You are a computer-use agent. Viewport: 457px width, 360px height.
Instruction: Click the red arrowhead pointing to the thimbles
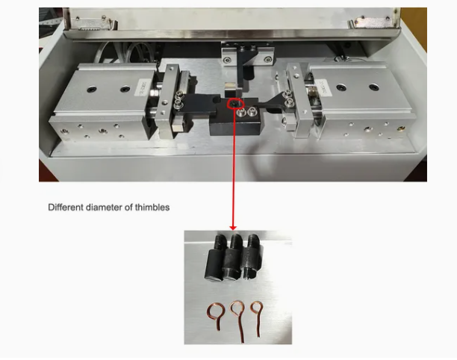(x=233, y=228)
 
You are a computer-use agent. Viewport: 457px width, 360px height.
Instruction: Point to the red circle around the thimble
(x=228, y=105)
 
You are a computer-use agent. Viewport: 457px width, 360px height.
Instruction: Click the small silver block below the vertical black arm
(x=230, y=90)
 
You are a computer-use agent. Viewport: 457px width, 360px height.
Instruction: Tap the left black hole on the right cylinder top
(x=341, y=87)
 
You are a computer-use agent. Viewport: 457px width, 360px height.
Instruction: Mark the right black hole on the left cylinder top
(x=125, y=88)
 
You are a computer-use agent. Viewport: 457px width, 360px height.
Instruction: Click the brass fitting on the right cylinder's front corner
(x=401, y=128)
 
